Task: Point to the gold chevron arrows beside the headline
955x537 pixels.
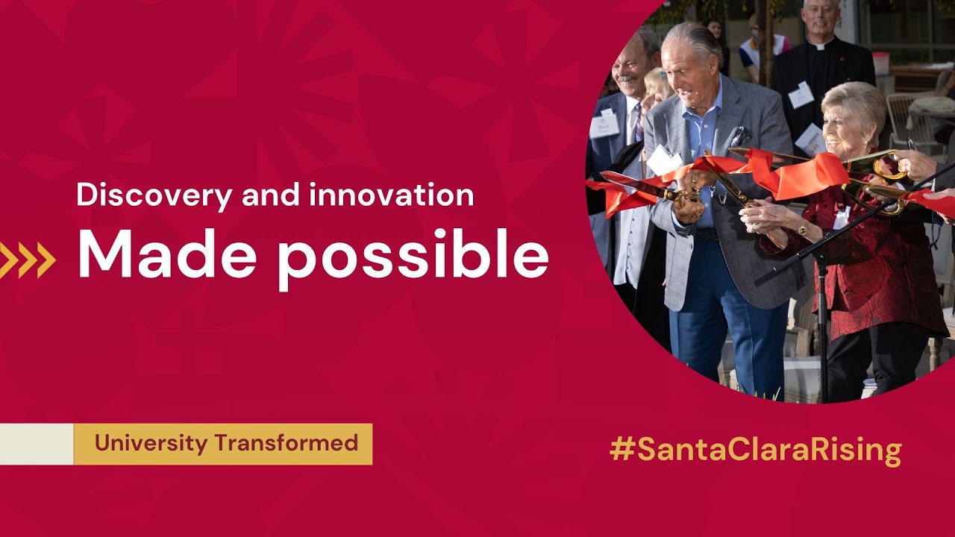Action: (x=28, y=260)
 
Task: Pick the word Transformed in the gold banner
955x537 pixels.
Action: (x=286, y=443)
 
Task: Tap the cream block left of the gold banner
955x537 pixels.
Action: (x=37, y=444)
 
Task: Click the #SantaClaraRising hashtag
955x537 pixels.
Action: (x=755, y=450)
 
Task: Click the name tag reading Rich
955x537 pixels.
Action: (x=604, y=125)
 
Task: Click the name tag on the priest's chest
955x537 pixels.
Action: (x=801, y=95)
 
